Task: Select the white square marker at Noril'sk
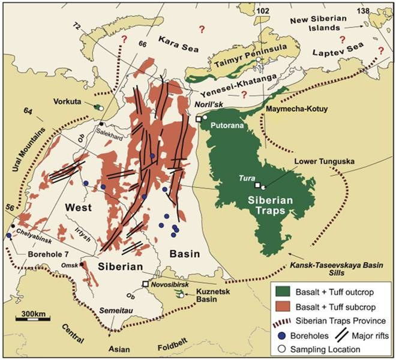(199, 119)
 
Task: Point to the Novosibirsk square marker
(145, 284)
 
